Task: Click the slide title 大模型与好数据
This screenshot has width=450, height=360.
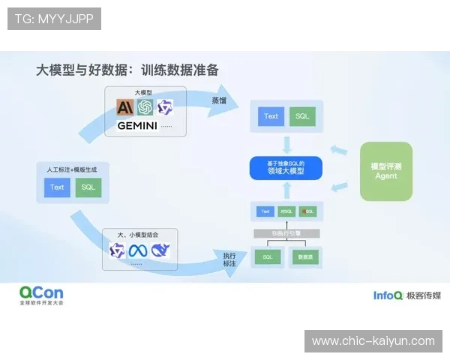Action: tap(83, 70)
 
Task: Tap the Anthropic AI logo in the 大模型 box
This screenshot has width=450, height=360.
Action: tap(124, 107)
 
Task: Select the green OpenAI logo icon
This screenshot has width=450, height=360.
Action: tap(145, 107)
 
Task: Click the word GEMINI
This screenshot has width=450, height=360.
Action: tap(137, 126)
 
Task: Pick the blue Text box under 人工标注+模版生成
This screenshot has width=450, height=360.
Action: tap(58, 187)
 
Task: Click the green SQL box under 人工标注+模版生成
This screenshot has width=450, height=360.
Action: tap(88, 187)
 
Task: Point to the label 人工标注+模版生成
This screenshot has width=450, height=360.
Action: tap(73, 170)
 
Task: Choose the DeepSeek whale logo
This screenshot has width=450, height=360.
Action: tap(160, 250)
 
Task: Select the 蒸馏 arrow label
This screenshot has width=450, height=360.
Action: tap(218, 100)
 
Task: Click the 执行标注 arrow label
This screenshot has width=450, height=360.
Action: tap(229, 259)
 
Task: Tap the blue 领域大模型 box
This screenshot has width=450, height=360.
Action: tap(285, 168)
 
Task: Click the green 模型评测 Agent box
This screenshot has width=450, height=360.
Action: tap(386, 171)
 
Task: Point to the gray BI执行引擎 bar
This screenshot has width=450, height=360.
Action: tap(285, 234)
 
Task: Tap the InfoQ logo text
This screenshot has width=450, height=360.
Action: tap(388, 295)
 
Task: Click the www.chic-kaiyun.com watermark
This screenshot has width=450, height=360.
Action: tap(373, 341)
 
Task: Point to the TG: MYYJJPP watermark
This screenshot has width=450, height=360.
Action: tap(54, 19)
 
